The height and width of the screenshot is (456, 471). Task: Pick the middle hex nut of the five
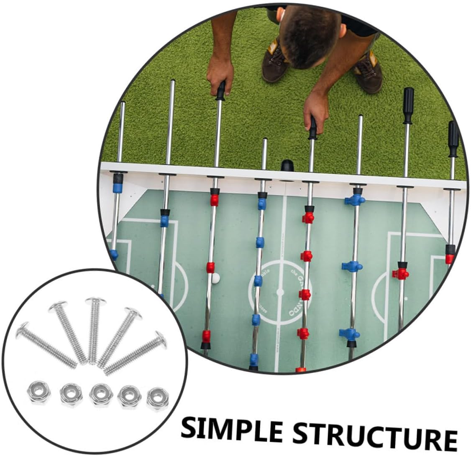click(101, 394)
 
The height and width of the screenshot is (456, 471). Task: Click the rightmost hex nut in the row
click(158, 398)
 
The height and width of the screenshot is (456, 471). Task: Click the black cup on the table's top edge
click(287, 166)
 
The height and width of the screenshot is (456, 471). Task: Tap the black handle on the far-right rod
click(453, 138)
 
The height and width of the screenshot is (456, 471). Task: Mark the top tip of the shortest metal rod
click(264, 140)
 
